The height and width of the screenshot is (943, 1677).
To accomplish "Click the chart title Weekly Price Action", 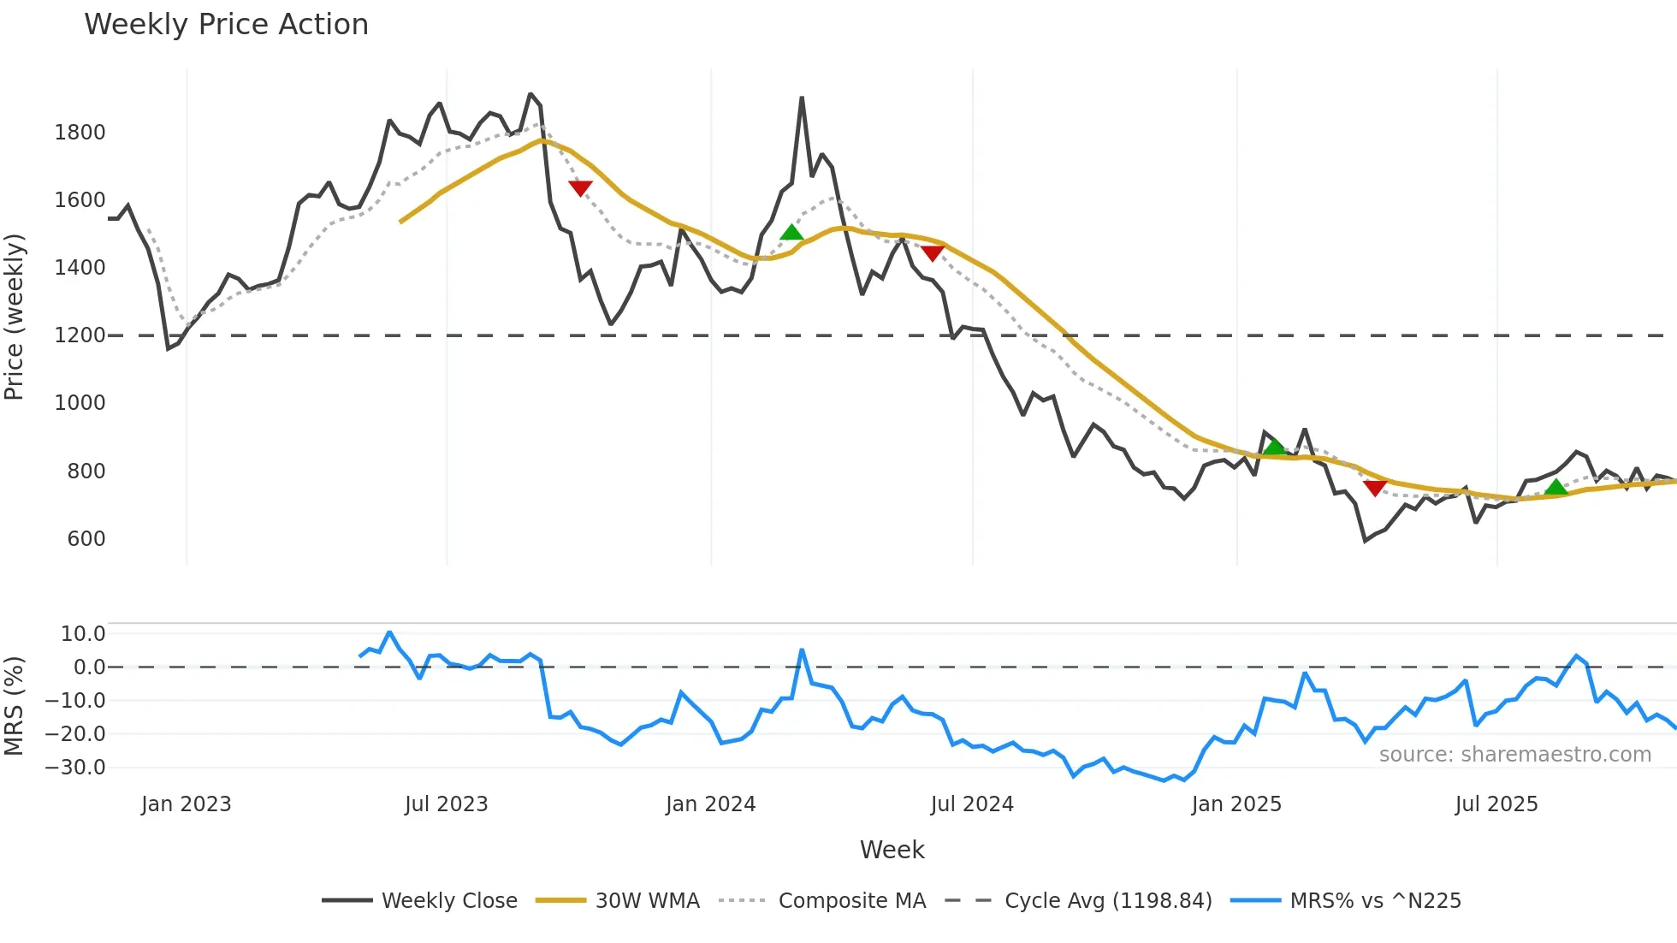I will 226,25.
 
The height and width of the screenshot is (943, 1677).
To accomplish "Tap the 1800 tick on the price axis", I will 80,133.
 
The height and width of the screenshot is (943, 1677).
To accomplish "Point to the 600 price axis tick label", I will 86,539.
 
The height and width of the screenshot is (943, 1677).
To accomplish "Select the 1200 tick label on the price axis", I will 80,335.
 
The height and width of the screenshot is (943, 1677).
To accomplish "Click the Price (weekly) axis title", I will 15,317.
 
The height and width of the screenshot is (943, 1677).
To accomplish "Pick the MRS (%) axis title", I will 15,706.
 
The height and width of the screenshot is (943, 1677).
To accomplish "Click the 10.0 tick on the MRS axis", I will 83,634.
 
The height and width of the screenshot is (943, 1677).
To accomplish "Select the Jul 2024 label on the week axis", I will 972,804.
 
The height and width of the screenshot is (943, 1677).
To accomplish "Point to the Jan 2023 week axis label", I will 187,804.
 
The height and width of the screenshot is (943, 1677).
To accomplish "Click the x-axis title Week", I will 892,850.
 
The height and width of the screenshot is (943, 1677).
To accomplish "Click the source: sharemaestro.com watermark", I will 1514,755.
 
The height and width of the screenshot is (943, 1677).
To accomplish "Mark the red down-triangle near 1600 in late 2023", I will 580,188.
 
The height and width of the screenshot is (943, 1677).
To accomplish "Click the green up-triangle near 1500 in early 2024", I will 791,232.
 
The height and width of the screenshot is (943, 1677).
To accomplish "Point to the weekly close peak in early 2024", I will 802,98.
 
